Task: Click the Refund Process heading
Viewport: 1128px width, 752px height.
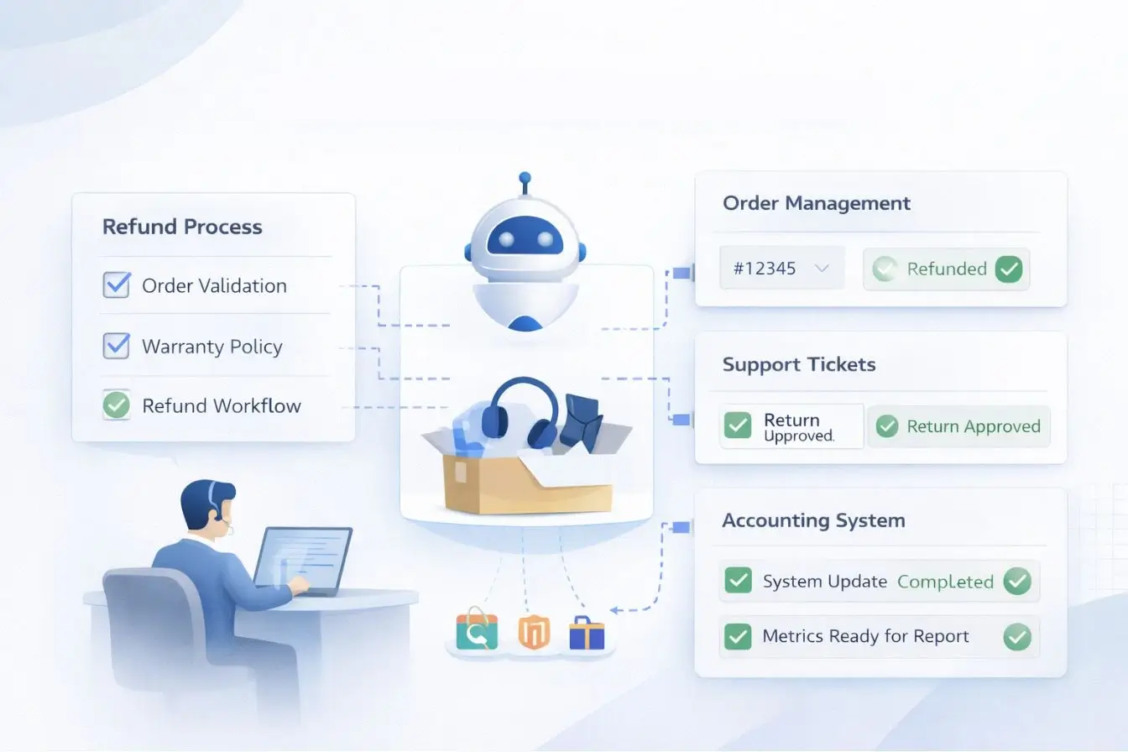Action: [182, 227]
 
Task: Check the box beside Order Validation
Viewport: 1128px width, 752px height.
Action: [116, 285]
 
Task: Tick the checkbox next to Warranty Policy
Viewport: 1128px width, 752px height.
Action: [116, 346]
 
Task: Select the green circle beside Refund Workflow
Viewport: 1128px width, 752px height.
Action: [116, 406]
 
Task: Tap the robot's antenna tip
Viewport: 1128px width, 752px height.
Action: [525, 178]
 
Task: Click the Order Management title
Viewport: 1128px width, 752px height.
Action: [816, 203]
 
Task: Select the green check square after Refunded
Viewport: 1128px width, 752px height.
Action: [1009, 269]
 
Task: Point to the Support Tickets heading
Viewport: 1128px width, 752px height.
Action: [798, 364]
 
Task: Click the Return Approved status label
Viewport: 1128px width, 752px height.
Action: [973, 426]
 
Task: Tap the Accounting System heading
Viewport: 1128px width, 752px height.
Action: [813, 520]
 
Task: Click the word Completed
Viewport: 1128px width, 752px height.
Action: [945, 582]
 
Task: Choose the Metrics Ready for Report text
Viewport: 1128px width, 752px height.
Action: [865, 636]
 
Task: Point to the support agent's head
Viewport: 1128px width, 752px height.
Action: [204, 504]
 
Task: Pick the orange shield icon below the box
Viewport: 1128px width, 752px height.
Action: [534, 633]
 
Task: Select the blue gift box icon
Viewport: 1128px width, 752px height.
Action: [586, 634]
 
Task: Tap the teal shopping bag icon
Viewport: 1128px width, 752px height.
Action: [477, 632]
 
